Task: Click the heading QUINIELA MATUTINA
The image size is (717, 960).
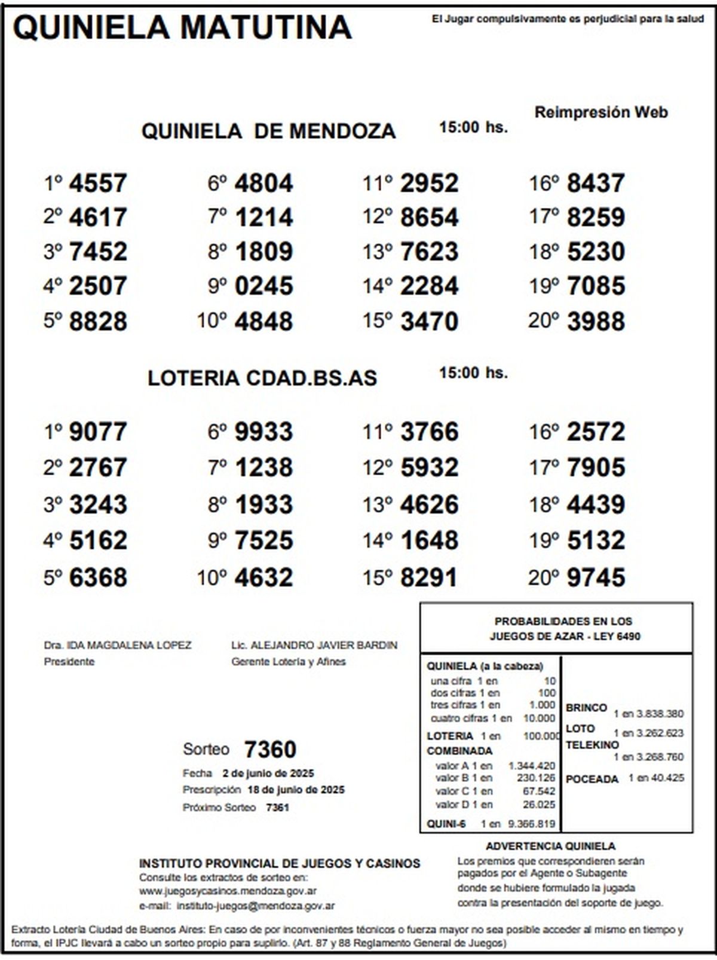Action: pyautogui.click(x=182, y=27)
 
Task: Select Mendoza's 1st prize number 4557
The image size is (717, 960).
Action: pyautogui.click(x=98, y=183)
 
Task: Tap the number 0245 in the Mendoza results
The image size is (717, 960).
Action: pyautogui.click(x=263, y=286)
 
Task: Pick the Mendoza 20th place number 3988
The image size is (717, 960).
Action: pyautogui.click(x=596, y=321)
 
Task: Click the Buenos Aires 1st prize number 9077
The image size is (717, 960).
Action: pyautogui.click(x=98, y=432)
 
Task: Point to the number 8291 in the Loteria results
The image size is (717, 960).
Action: pyautogui.click(x=429, y=577)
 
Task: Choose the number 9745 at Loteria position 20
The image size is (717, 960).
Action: pyautogui.click(x=596, y=577)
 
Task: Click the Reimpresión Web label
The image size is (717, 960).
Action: pyautogui.click(x=600, y=112)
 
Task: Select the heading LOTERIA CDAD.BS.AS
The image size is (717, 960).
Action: pyautogui.click(x=262, y=378)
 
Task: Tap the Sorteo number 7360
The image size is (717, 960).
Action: pyautogui.click(x=270, y=749)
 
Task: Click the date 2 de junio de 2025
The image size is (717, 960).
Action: pyautogui.click(x=268, y=773)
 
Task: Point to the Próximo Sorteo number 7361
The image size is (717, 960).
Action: pyautogui.click(x=277, y=808)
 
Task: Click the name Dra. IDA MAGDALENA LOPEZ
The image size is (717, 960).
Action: pyautogui.click(x=118, y=646)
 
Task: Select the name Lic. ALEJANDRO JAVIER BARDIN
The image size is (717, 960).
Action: pyautogui.click(x=314, y=646)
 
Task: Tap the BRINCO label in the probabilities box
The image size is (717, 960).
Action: pyautogui.click(x=586, y=708)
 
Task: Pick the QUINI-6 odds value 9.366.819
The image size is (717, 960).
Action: pyautogui.click(x=531, y=824)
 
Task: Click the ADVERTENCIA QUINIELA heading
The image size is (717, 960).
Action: pyautogui.click(x=550, y=846)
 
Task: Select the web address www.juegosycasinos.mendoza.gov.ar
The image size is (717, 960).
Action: pyautogui.click(x=228, y=891)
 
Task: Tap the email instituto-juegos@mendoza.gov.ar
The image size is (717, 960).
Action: pyautogui.click(x=255, y=906)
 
